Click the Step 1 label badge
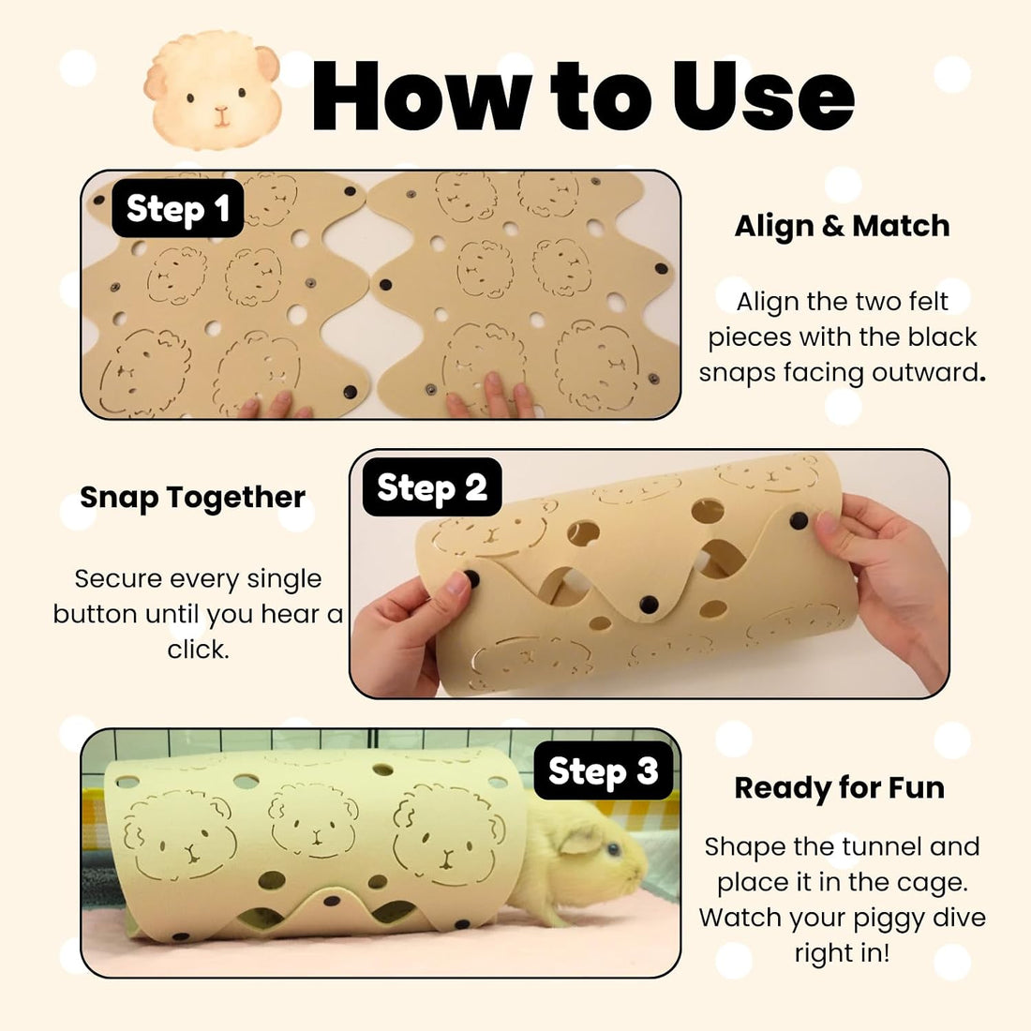pos(177,208)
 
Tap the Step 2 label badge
pos(432,487)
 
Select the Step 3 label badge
pos(603,770)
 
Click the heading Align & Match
pos(842,226)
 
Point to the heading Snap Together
pos(193,498)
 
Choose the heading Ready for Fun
pos(839,787)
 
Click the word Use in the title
pos(763,96)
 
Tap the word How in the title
pos(421,96)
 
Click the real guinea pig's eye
pos(613,850)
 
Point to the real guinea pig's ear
pos(579,841)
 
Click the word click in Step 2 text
pos(198,650)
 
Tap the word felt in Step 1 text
pos(927,302)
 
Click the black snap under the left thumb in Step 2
pos(471,579)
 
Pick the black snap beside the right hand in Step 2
pos(799,521)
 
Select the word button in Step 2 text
pos(96,614)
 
